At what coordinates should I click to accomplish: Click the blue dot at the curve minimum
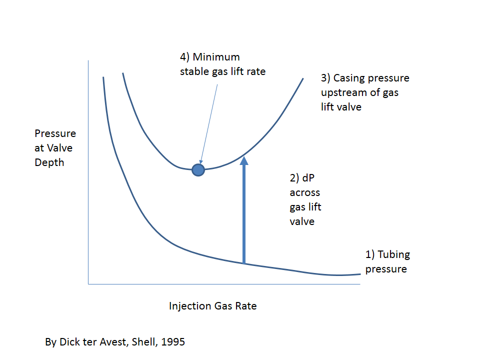(198, 170)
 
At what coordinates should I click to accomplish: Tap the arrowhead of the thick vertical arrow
(244, 161)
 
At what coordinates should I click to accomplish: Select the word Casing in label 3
(349, 78)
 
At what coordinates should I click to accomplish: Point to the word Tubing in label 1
(393, 254)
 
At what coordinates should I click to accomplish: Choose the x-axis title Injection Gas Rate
(212, 306)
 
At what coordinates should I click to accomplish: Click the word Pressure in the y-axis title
(55, 134)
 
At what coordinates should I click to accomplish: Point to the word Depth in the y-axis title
(49, 163)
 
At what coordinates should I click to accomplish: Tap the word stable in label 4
(194, 71)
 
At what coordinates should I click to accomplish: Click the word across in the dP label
(304, 192)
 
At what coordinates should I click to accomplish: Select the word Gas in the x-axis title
(222, 306)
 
